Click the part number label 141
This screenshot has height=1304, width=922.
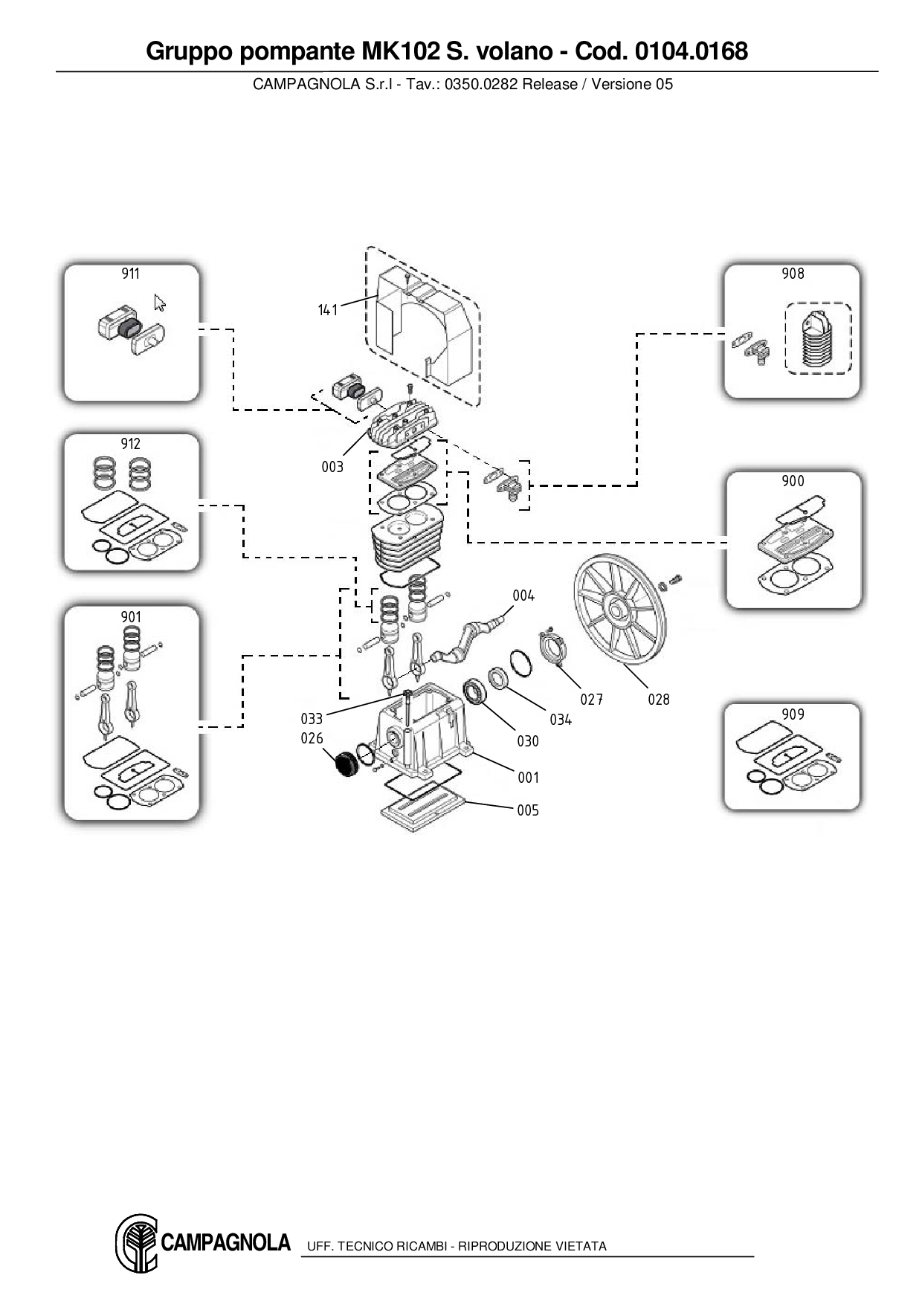coord(328,310)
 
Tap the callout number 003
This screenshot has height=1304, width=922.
coord(332,467)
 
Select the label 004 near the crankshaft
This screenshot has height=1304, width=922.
coord(523,595)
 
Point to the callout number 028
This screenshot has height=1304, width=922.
coord(659,700)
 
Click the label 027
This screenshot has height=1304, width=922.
coord(592,700)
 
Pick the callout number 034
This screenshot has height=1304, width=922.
coord(561,719)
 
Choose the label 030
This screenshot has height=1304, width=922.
coord(528,741)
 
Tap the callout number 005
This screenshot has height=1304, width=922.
coord(528,810)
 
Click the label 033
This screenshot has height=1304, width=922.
coord(312,719)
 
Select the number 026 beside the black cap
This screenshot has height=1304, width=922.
coord(312,738)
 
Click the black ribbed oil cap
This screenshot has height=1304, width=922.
coord(344,764)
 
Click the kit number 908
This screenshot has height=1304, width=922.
coord(793,274)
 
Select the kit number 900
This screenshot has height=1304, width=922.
coord(793,481)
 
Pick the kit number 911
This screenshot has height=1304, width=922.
coord(130,274)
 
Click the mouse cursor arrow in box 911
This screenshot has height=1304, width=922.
coord(159,303)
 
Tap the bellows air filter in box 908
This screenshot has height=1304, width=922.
coord(818,338)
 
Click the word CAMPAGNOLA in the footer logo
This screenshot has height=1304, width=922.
coord(225,1242)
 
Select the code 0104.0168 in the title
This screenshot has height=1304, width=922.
coord(691,51)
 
